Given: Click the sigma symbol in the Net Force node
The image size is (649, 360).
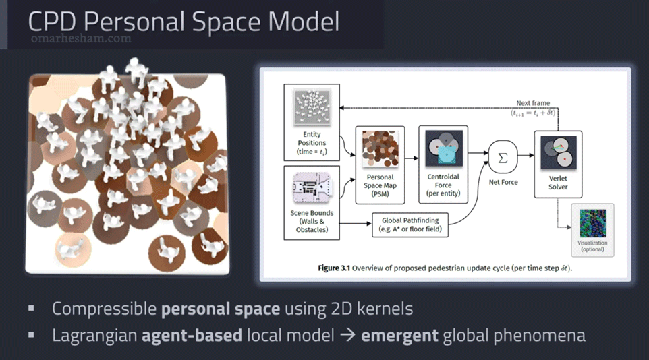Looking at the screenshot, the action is (x=503, y=158).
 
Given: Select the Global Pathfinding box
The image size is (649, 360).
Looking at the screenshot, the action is (x=410, y=224).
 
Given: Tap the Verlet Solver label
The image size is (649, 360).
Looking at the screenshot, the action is (x=558, y=183).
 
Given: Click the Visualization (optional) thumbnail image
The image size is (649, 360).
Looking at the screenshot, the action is (x=593, y=223).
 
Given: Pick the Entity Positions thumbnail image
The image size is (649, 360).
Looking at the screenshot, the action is (x=312, y=108).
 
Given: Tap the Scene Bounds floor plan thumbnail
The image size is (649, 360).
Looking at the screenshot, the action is (x=312, y=187).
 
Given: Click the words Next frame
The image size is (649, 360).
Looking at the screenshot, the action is (x=533, y=103).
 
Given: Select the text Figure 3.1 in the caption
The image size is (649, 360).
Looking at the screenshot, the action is (x=333, y=268).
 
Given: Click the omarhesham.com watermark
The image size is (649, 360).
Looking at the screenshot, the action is (x=81, y=39).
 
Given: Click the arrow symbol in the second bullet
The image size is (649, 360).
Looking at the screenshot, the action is (x=347, y=335).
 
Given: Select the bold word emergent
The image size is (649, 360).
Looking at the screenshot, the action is (x=399, y=336).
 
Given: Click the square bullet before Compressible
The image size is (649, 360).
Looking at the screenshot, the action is (x=31, y=308).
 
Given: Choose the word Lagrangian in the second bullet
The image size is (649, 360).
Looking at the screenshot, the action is (x=94, y=336).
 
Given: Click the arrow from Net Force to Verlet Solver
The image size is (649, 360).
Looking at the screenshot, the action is (x=526, y=156).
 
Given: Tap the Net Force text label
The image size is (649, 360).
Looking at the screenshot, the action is (x=503, y=182).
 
